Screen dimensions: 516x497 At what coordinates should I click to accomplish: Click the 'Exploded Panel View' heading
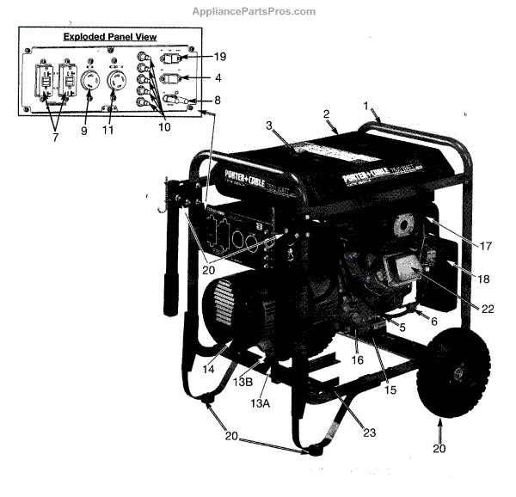point(109,36)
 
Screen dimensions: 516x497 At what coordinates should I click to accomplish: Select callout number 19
point(219,57)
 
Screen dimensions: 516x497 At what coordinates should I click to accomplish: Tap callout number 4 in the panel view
point(220,78)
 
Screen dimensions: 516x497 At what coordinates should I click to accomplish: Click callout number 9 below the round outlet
point(84,131)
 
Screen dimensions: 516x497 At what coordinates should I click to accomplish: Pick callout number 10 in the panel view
point(163,126)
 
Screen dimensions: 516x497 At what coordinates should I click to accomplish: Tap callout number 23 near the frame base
point(371,433)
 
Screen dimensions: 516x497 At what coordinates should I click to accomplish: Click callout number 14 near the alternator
point(208,369)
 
